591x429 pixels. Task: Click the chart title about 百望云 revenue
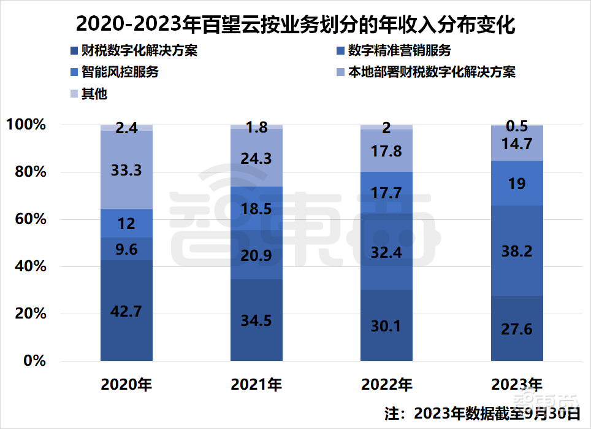point(295,25)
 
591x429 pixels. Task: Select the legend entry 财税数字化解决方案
point(134,50)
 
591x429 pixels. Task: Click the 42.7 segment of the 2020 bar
point(126,311)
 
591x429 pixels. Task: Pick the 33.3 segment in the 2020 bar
point(126,170)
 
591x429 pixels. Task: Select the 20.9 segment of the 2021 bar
point(256,255)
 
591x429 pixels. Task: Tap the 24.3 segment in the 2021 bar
point(256,158)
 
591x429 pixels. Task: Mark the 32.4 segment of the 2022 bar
point(386,252)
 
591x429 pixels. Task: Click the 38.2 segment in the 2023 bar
point(517,251)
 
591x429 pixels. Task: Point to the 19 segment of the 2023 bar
point(517,184)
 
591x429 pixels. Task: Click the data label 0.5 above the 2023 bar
point(517,126)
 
